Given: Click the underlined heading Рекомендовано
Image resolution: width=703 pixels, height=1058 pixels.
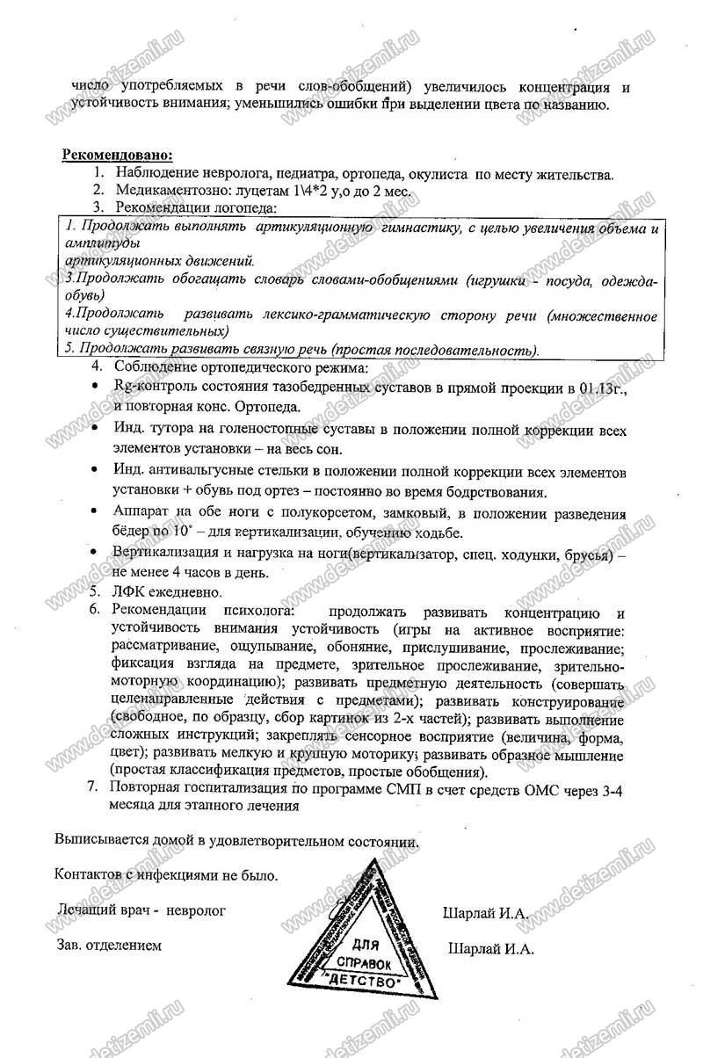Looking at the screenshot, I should click(x=117, y=156).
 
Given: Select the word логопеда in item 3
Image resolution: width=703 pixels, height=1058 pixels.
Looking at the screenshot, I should click(x=247, y=207).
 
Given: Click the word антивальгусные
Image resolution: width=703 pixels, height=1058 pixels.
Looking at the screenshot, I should click(x=199, y=472).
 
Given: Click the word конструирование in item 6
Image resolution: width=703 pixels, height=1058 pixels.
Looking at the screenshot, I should click(x=570, y=703).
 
